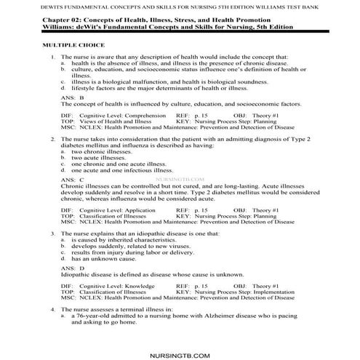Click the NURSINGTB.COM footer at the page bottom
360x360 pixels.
click(180, 335)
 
